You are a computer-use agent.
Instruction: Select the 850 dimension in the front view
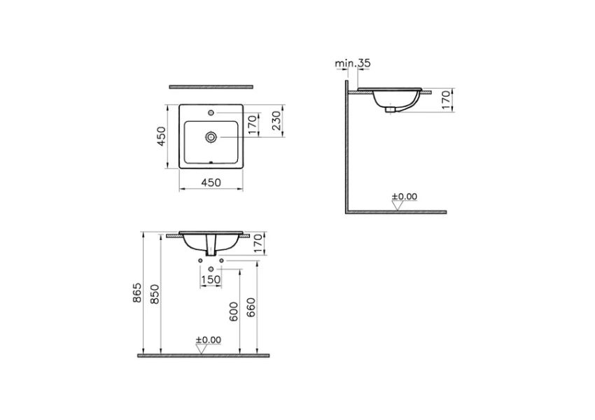click(156, 292)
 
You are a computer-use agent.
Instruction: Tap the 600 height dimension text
click(234, 309)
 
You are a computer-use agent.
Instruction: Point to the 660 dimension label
click(252, 307)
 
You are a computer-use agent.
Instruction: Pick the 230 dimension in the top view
click(276, 120)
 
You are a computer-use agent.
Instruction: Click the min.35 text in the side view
click(352, 63)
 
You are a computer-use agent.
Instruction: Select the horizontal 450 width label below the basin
click(211, 183)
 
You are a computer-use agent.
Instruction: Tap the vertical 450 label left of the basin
click(161, 136)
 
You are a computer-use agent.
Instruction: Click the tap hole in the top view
click(211, 111)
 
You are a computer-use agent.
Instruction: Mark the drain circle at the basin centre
click(211, 137)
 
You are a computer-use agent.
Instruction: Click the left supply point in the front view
click(200, 261)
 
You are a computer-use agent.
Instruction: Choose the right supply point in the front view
click(221, 261)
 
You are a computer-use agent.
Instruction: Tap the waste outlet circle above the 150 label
click(211, 267)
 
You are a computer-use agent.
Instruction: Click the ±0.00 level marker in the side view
click(404, 197)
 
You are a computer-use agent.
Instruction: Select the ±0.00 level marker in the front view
click(208, 340)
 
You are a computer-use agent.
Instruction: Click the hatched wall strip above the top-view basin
click(211, 87)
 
